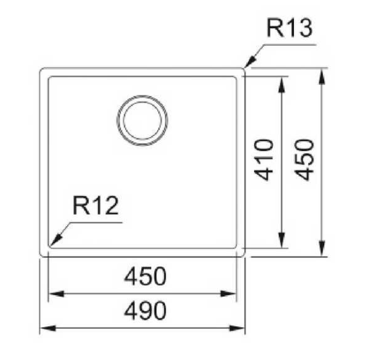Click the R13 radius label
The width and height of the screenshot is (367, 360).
click(289, 28)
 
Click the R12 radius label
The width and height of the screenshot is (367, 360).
click(95, 206)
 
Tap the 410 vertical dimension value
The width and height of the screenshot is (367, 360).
click(264, 160)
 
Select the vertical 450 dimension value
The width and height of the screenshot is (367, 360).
click(304, 160)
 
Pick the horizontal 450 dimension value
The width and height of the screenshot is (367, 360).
click(145, 276)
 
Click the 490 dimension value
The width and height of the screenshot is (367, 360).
click(145, 311)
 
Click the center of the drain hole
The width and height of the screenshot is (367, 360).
click(143, 120)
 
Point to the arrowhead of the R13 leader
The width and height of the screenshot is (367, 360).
click(249, 61)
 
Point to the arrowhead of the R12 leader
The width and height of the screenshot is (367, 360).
click(55, 240)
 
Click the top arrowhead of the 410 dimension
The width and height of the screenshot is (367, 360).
click(282, 84)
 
